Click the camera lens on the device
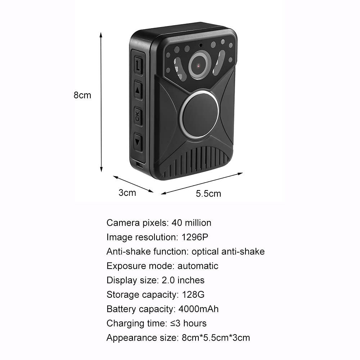(199, 65)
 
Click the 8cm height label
(82, 95)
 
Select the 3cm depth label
(127, 193)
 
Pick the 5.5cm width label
(208, 194)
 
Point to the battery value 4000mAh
(199, 309)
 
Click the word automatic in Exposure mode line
(198, 266)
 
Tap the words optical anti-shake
(228, 252)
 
